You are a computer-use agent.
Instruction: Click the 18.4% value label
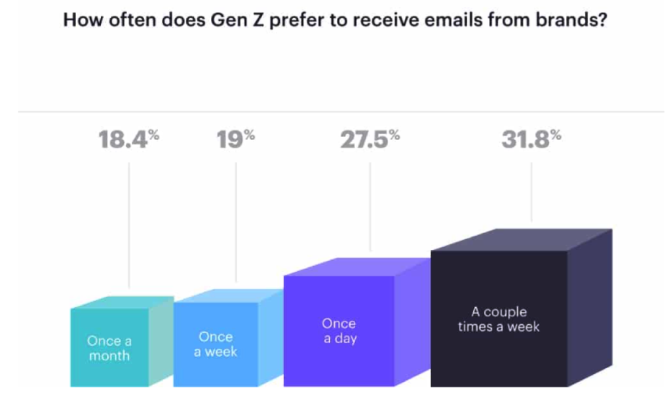point(129,140)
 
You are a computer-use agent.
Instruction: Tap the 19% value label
point(235,140)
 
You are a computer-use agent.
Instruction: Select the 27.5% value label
point(370,140)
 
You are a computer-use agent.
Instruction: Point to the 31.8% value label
point(531,140)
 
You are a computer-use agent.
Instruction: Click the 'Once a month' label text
point(109,348)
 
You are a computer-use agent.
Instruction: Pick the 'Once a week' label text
point(216,345)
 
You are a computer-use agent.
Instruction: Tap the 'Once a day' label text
point(339,331)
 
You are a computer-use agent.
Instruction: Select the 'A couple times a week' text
point(499,319)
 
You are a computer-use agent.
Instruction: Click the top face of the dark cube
point(521,240)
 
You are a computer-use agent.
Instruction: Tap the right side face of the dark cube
point(589,308)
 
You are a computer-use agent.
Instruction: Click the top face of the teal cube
point(122,303)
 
